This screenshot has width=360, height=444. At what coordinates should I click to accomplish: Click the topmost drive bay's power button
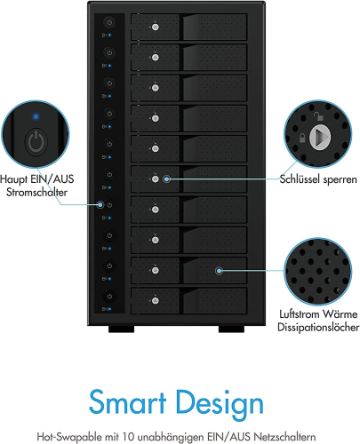pyautogui.click(x=109, y=22)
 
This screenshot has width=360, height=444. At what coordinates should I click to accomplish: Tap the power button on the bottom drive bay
pyautogui.click(x=109, y=297)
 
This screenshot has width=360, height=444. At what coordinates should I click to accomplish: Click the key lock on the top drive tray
pyautogui.click(x=156, y=27)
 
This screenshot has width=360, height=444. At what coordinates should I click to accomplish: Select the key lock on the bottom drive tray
pyautogui.click(x=156, y=301)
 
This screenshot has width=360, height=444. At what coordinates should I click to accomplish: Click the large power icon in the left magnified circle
pyautogui.click(x=36, y=142)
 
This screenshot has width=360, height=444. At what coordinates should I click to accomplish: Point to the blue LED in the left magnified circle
pyautogui.click(x=36, y=116)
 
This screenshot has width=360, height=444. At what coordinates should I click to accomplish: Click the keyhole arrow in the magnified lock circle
pyautogui.click(x=320, y=137)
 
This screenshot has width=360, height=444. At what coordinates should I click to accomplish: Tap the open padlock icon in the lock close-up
pyautogui.click(x=318, y=116)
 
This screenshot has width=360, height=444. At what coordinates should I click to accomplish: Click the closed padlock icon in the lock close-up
pyautogui.click(x=302, y=138)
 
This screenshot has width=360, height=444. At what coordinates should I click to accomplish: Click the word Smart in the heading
pyautogui.click(x=127, y=402)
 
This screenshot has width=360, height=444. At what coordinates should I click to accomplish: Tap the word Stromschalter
pyautogui.click(x=37, y=193)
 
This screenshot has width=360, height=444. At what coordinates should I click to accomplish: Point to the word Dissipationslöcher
pyautogui.click(x=318, y=327)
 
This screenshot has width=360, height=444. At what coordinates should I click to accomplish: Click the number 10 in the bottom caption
pyautogui.click(x=129, y=436)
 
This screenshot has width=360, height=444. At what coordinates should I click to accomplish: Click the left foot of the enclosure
pyautogui.click(x=121, y=329)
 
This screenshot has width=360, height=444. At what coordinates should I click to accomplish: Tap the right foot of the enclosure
pyautogui.click(x=231, y=329)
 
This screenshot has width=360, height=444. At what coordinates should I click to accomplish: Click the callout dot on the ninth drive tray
pyautogui.click(x=219, y=270)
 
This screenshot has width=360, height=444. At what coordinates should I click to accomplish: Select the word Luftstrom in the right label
pyautogui.click(x=300, y=313)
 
